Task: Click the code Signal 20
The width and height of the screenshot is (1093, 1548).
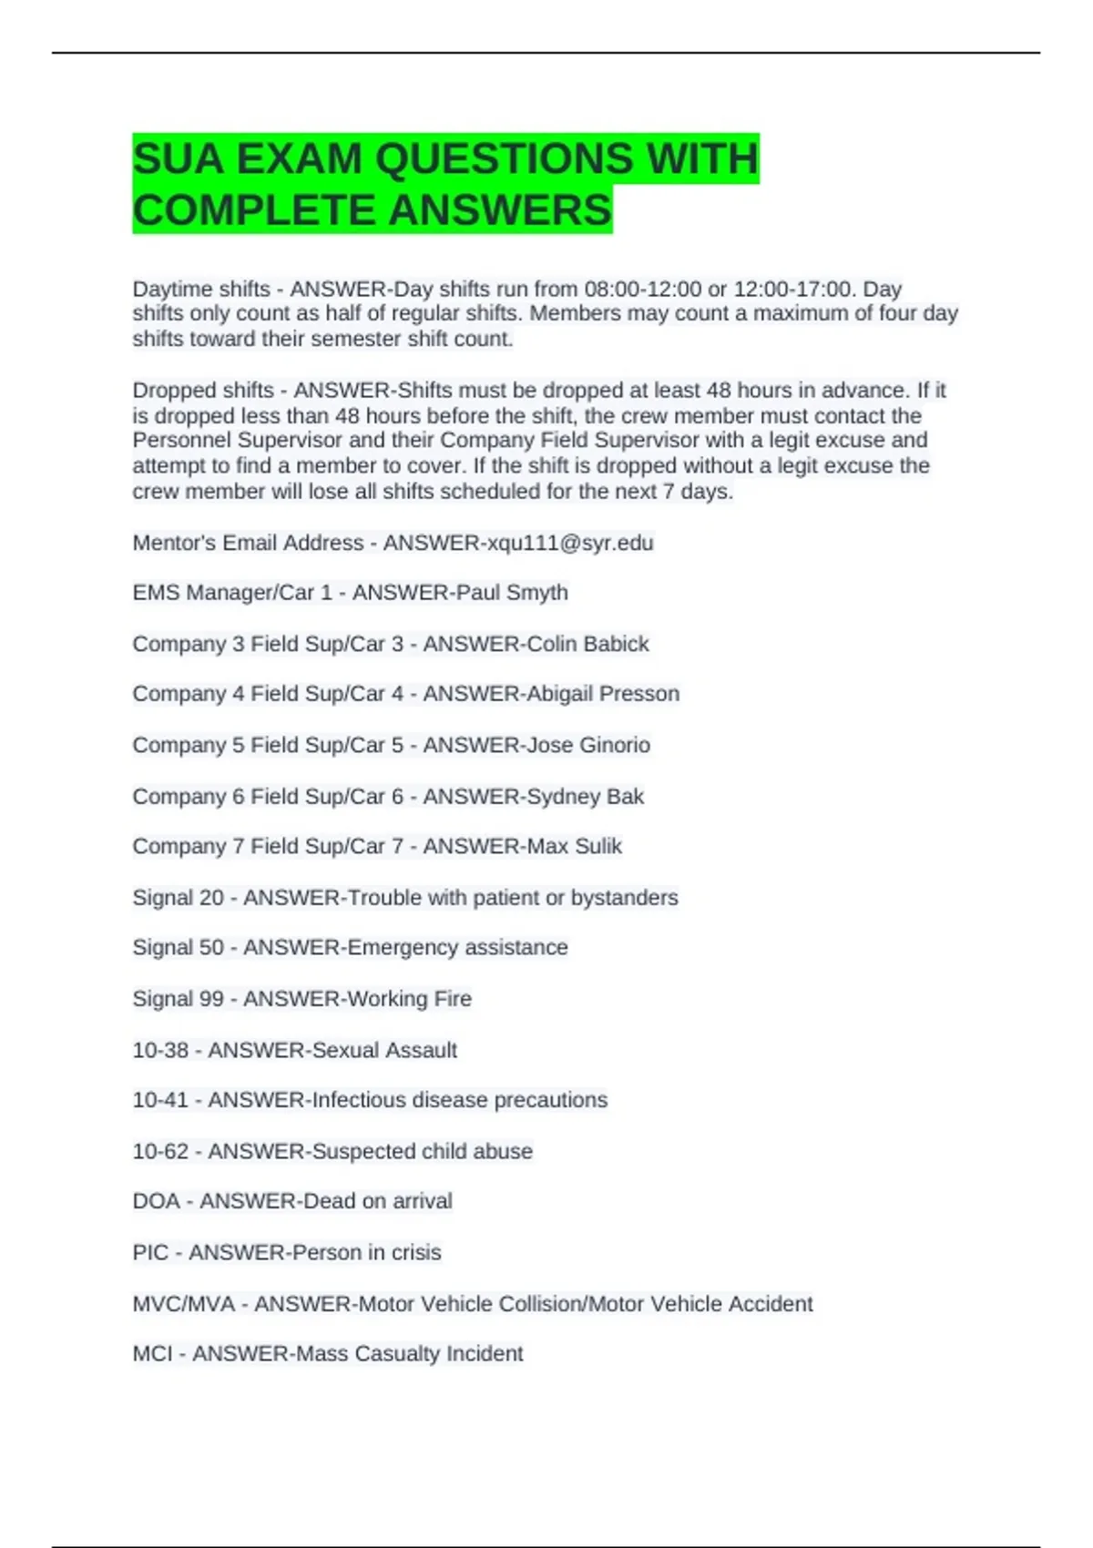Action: point(178,898)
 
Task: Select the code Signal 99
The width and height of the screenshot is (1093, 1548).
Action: point(178,999)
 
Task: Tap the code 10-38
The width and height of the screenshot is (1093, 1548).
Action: point(160,1050)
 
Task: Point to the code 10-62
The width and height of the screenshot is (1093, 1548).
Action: point(160,1151)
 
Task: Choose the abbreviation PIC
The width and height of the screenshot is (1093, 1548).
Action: point(150,1252)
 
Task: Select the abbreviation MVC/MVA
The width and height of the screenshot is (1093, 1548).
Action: point(184,1304)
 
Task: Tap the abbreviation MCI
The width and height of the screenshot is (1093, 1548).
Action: point(152,1354)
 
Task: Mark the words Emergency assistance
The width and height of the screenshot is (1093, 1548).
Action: point(457,948)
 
